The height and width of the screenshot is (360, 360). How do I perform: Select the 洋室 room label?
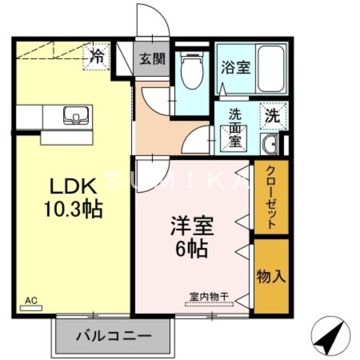pos(192,227)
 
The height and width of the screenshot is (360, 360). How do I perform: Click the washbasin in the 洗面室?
pos(270,144)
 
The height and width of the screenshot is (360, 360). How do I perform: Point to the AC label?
pos(31,300)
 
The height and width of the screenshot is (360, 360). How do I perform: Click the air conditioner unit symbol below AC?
pos(31,308)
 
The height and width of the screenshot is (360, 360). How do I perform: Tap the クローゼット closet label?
pos(271,197)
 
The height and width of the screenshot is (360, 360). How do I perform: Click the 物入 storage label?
pos(271,276)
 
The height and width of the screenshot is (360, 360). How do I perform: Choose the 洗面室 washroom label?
pos(235,128)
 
